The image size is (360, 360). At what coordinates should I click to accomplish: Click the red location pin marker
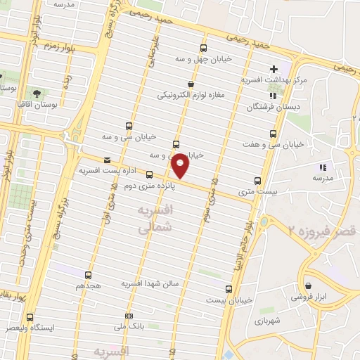(181, 165)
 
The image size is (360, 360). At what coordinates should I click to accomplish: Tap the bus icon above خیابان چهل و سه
(203, 49)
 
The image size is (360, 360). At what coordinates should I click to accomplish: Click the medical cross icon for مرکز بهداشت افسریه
(274, 69)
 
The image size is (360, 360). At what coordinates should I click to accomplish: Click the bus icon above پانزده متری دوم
(149, 174)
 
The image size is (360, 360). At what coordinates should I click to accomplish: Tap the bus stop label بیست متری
(255, 191)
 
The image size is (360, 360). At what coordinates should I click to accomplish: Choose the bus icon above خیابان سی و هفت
(274, 134)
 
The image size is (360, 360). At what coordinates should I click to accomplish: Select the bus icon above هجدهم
(89, 275)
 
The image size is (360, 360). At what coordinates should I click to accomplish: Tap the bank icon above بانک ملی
(128, 316)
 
